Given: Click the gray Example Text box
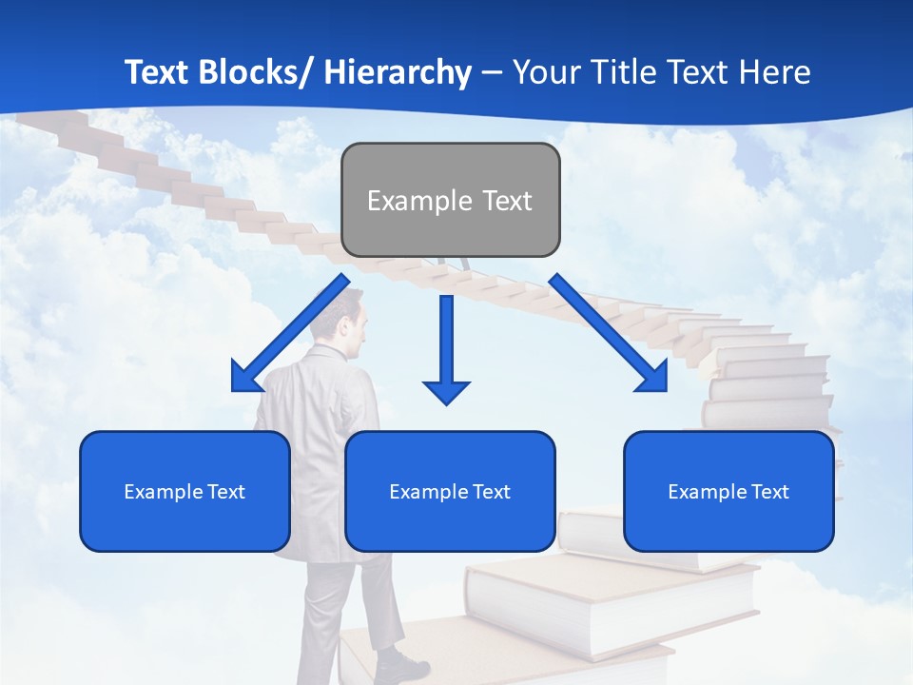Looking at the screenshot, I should [450, 200].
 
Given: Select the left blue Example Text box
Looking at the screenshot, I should [185, 491].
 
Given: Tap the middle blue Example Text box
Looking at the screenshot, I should [450, 491].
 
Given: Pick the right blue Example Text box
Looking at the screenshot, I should [728, 491].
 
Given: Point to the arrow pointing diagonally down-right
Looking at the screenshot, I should [609, 333].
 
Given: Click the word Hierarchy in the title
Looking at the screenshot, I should [398, 72].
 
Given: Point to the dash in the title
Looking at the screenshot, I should [492, 72].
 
